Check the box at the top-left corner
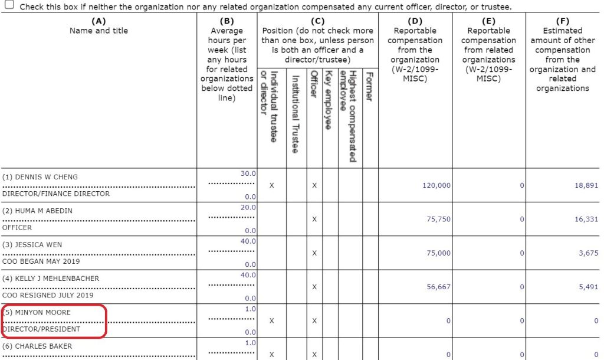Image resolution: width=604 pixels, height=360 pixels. [x=9, y=5]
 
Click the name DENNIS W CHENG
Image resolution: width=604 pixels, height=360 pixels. [x=43, y=177]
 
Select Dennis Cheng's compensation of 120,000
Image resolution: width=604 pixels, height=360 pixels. [x=436, y=185]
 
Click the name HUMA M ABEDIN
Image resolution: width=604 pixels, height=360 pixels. [x=42, y=211]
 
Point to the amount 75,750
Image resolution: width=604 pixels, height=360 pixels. [x=438, y=219]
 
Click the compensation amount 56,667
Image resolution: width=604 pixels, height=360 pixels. [x=438, y=287]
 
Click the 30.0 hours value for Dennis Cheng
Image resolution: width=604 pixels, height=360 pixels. [x=248, y=174]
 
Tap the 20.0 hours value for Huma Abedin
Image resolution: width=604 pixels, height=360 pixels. [x=248, y=207]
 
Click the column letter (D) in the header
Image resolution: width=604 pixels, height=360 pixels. [x=415, y=21]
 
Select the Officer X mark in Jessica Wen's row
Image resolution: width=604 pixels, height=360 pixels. [x=314, y=253]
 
